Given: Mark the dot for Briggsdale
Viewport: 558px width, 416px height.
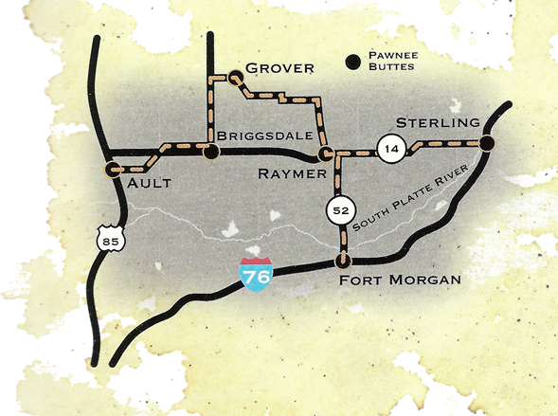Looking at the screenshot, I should coord(209,150).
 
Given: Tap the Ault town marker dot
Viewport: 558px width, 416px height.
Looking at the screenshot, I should coord(112,170).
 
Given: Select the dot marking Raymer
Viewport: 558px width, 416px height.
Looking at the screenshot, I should coord(325,153).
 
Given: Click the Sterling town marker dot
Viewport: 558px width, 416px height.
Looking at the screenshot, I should coord(486,143).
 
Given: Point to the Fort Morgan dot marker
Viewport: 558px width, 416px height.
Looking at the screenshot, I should coord(344,261).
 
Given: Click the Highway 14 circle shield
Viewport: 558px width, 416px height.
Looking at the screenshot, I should coord(390,147).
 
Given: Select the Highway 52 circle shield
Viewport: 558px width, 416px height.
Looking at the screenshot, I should coord(339,209).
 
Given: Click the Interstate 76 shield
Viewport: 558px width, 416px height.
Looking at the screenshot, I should coord(254,276).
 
